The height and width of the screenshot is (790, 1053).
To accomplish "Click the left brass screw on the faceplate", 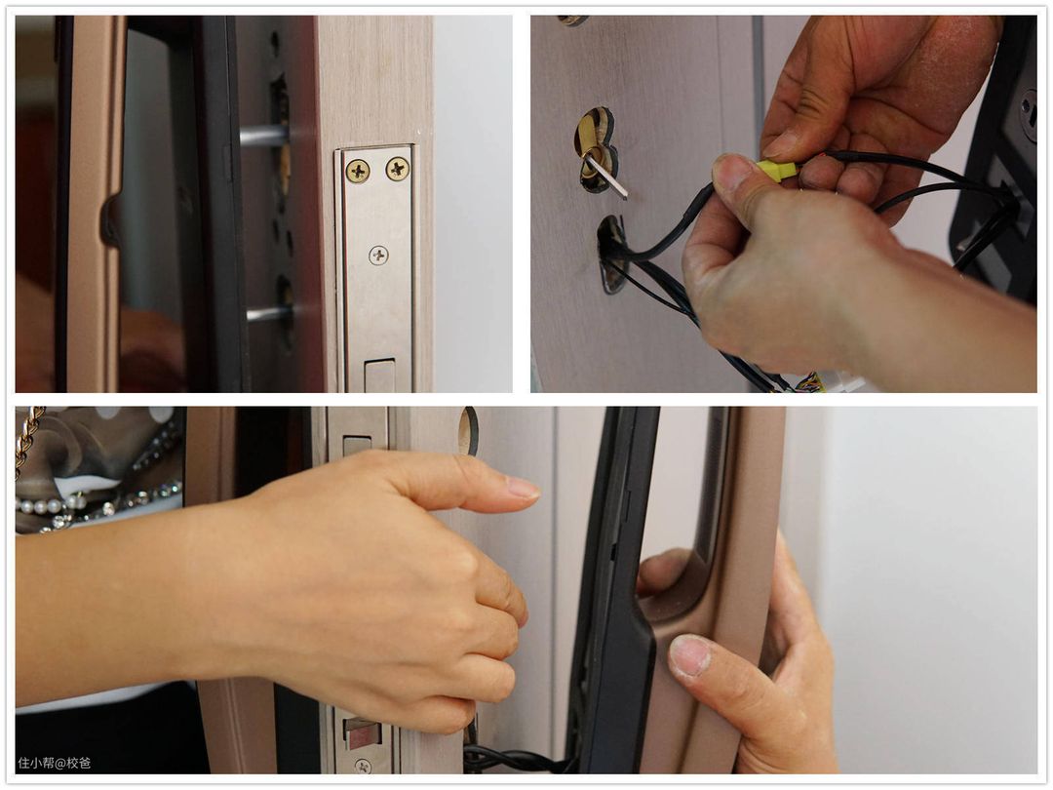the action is pyautogui.click(x=357, y=172).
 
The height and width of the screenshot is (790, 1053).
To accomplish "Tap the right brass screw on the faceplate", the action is pyautogui.click(x=398, y=168).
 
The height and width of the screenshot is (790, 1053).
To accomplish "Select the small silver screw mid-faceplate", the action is pyautogui.click(x=378, y=256).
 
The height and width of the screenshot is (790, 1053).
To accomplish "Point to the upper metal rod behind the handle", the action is pyautogui.click(x=264, y=136).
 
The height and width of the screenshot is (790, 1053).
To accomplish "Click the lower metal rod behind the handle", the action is pyautogui.click(x=269, y=314).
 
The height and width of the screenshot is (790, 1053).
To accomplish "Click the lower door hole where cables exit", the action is pyautogui.click(x=611, y=254).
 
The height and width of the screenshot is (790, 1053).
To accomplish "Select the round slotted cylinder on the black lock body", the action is pyautogui.click(x=1029, y=115).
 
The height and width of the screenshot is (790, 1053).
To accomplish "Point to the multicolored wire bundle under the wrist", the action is pyautogui.click(x=810, y=383).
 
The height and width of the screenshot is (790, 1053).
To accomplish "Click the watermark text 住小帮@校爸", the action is pyautogui.click(x=55, y=763).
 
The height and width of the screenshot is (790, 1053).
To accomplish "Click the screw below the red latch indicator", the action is pyautogui.click(x=363, y=766).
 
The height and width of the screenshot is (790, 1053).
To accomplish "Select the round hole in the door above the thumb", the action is pyautogui.click(x=468, y=431).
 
